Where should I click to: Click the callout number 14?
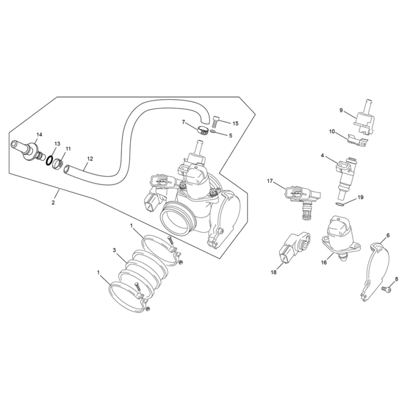point(39,135)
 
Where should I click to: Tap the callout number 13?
point(57,143)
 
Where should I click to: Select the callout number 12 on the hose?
point(89,159)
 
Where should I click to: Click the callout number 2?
point(54,203)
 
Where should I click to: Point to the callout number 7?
point(184,121)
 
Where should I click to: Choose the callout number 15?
point(235,124)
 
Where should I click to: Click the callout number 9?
point(341,110)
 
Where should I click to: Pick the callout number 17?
point(270,181)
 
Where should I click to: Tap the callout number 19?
point(360,197)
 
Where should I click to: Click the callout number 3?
point(114,251)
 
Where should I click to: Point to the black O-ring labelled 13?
point(49,161)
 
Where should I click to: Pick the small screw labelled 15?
point(215,119)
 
